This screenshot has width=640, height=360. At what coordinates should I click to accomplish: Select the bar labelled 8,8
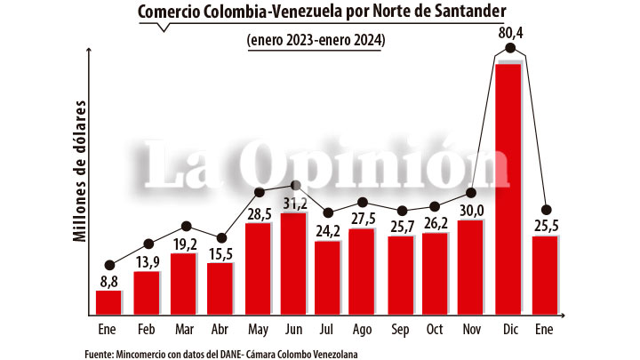(108, 301)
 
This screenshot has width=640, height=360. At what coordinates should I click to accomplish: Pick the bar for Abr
(220, 288)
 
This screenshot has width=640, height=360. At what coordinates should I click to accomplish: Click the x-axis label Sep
(400, 331)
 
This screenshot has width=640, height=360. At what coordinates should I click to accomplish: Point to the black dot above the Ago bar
(363, 203)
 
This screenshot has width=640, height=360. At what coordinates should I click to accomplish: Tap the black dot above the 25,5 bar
(546, 210)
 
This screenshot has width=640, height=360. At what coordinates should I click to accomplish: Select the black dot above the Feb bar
(148, 243)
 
